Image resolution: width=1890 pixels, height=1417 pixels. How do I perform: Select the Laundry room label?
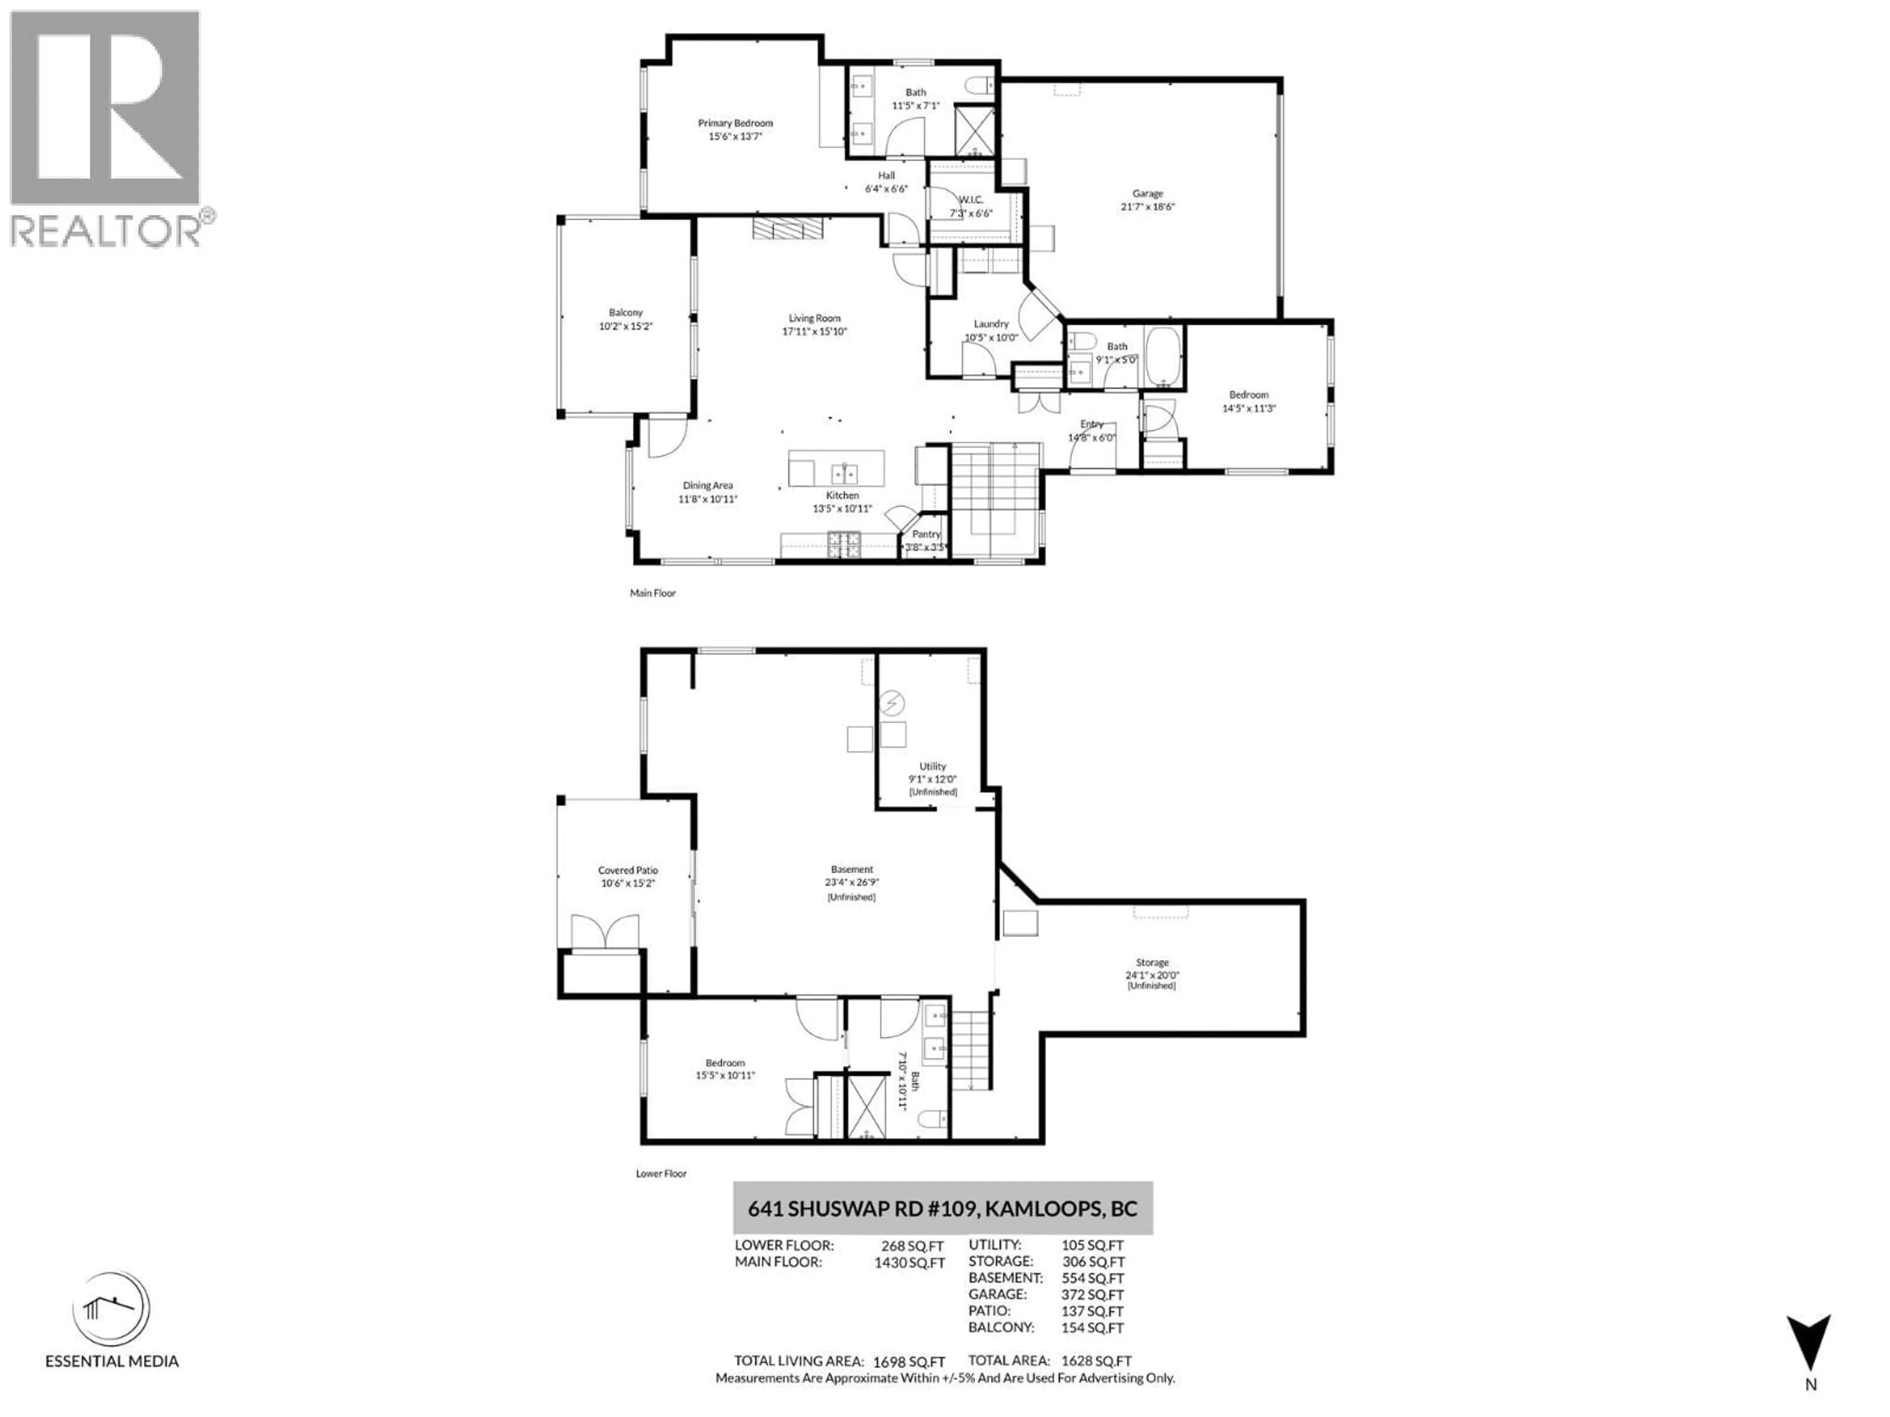(x=991, y=324)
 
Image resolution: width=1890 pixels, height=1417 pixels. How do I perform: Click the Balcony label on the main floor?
(x=626, y=312)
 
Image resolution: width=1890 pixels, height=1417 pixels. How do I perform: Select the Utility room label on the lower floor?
(x=932, y=766)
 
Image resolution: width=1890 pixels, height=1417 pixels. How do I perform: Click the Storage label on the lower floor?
(x=1152, y=962)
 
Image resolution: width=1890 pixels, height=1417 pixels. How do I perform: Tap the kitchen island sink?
(x=845, y=472)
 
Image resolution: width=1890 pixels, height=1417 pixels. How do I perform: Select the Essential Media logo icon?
(x=111, y=1309)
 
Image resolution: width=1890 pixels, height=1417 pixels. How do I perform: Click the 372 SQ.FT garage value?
(x=1092, y=1295)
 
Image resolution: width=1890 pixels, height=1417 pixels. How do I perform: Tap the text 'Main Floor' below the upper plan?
(x=653, y=593)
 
